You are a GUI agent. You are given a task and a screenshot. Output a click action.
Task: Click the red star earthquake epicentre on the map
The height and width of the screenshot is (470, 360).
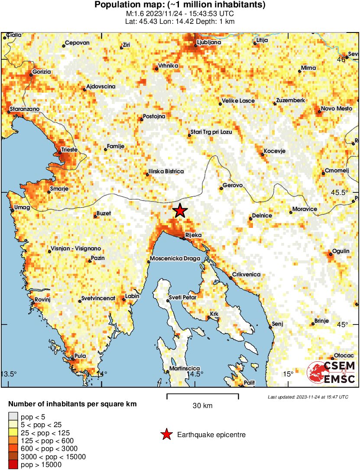180,211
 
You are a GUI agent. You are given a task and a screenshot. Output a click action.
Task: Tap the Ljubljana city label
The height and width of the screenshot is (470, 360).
209,42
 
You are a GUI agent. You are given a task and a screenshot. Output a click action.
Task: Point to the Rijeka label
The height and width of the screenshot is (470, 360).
194,235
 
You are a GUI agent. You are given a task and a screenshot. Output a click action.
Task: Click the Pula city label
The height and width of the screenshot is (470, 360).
81,356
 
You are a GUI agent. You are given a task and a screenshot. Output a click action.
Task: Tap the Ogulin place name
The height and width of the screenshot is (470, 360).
340,251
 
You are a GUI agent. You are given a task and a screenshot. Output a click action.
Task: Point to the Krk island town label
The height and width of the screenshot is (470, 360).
214,313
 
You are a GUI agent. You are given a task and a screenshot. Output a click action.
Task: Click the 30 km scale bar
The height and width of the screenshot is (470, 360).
202,395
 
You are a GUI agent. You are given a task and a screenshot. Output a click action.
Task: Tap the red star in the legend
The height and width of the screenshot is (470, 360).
166,434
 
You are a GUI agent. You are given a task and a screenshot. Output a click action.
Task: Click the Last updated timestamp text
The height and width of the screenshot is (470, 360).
308,397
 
